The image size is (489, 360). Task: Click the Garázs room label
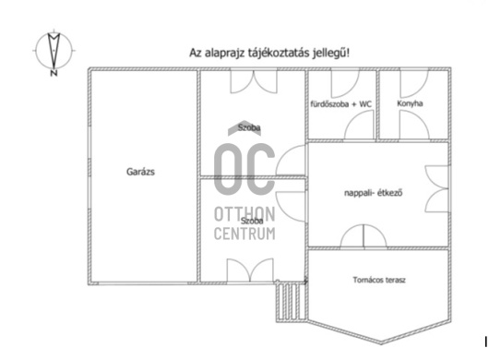point(140,172)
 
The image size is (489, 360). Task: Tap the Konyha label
point(410,103)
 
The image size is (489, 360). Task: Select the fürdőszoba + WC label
point(340,104)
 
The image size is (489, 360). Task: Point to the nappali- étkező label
point(374,193)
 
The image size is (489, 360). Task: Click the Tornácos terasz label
point(379,280)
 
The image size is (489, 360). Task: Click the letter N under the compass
point(54,73)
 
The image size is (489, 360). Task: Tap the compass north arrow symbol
point(54,50)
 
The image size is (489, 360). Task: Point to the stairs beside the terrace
point(292,301)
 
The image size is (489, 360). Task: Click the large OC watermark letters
point(244,170)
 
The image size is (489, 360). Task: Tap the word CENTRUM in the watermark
point(244,234)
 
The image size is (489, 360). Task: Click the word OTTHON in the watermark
point(244,214)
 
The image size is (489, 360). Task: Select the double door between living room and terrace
point(364,235)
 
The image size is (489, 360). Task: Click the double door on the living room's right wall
point(436,189)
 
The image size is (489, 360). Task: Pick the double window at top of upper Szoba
point(254,81)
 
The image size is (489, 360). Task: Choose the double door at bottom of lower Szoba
point(250,270)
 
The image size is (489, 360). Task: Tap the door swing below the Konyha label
point(414,125)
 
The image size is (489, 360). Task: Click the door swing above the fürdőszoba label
point(345,84)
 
